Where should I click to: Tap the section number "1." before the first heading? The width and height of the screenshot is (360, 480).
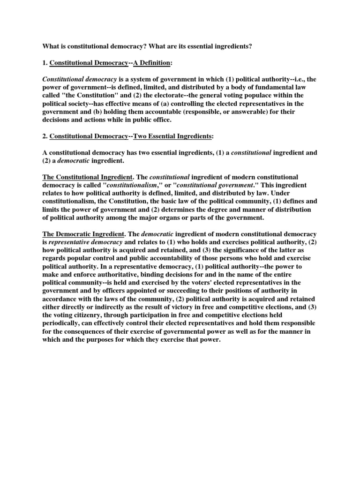coord(45,63)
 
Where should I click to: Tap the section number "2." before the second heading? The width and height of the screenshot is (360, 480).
coord(45,136)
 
